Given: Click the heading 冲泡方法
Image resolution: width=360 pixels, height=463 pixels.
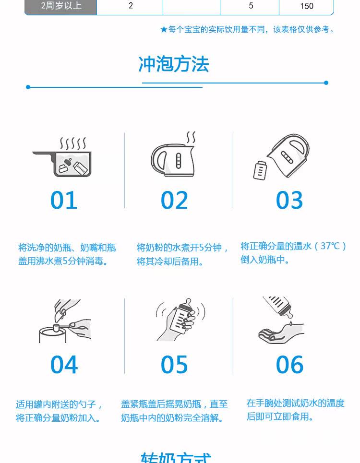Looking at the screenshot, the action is (174, 64).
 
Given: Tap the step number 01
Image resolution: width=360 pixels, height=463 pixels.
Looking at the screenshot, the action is (64, 200).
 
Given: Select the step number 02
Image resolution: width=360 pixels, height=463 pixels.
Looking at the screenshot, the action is (174, 200).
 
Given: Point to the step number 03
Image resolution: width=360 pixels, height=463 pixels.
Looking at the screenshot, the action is (289, 200).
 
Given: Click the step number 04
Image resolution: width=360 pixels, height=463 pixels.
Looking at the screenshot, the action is (64, 364).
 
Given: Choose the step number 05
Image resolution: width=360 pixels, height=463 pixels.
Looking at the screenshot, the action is (174, 364).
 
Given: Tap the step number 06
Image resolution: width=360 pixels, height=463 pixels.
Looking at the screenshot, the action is (290, 364).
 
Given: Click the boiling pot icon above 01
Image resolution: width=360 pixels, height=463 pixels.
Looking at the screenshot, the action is (62, 157).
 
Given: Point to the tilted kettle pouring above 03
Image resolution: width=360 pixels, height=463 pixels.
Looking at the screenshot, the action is (288, 155).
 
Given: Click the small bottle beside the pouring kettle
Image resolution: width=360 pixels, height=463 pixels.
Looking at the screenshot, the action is (260, 170).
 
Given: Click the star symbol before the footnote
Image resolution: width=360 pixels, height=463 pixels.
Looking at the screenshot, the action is (164, 30).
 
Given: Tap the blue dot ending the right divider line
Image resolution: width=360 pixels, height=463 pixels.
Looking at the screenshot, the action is (326, 83).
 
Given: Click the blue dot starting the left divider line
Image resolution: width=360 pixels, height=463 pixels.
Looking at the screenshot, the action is (28, 87).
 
